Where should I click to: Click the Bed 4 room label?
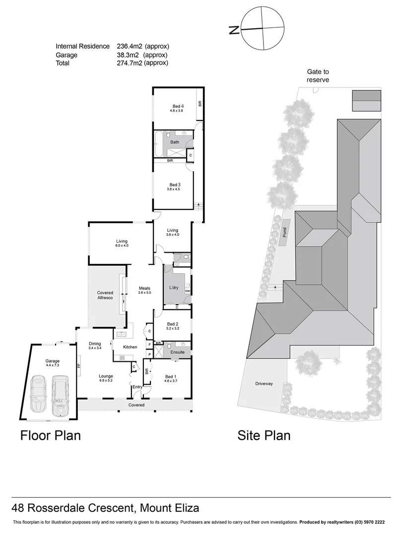(178, 106)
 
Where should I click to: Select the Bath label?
(175, 142)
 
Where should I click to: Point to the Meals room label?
(144, 288)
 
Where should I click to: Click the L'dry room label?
(174, 288)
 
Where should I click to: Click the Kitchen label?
(130, 347)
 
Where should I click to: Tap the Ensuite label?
(177, 352)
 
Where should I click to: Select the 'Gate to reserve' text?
(318, 75)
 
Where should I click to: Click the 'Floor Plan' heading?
(50, 436)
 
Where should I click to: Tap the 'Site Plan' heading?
(264, 436)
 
